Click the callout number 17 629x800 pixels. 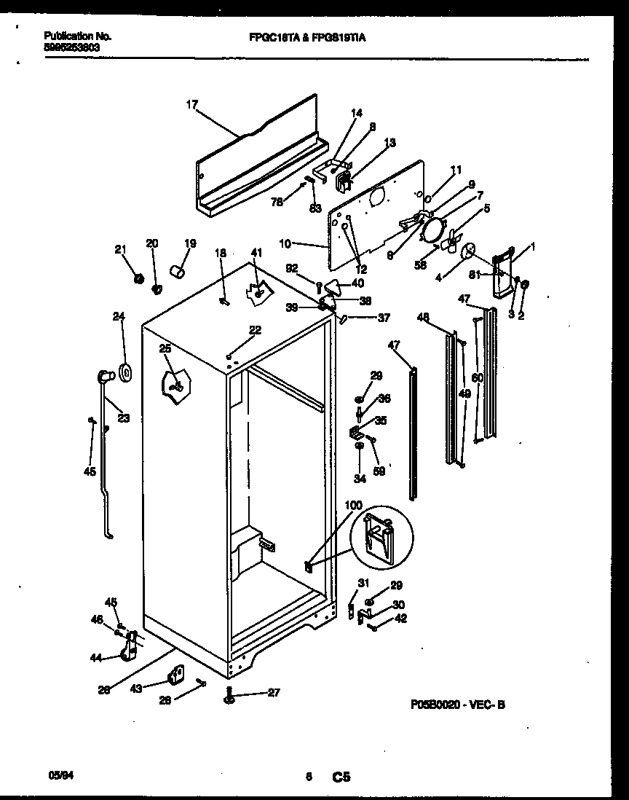pyautogui.click(x=191, y=105)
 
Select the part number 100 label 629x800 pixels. pyautogui.click(x=352, y=505)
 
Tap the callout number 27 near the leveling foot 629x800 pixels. pyautogui.click(x=273, y=693)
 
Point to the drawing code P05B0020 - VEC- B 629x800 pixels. pyautogui.click(x=463, y=705)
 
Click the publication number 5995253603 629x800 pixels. pyautogui.click(x=72, y=47)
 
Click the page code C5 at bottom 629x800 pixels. pyautogui.click(x=341, y=777)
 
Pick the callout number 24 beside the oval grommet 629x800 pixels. pyautogui.click(x=119, y=316)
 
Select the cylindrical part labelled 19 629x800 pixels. pyautogui.click(x=176, y=272)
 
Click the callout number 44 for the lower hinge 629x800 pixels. pyautogui.click(x=95, y=658)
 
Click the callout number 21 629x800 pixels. pyautogui.click(x=120, y=250)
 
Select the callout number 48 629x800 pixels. pyautogui.click(x=423, y=317)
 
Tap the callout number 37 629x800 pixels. pyautogui.click(x=384, y=318)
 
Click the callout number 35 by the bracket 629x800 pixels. pyautogui.click(x=381, y=420)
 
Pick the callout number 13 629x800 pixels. pyautogui.click(x=389, y=144)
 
